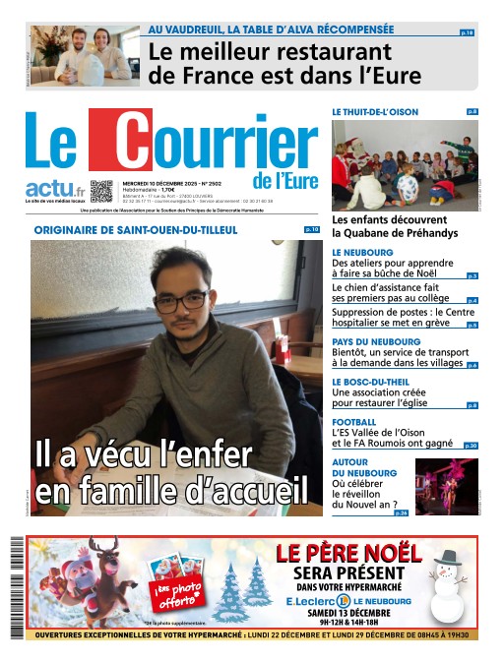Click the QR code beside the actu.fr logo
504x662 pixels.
[102, 191]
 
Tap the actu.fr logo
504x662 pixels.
[54, 188]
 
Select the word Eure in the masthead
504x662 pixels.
[296, 181]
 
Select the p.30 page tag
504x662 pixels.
[471, 446]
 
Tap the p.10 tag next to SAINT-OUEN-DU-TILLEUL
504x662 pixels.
[312, 229]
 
